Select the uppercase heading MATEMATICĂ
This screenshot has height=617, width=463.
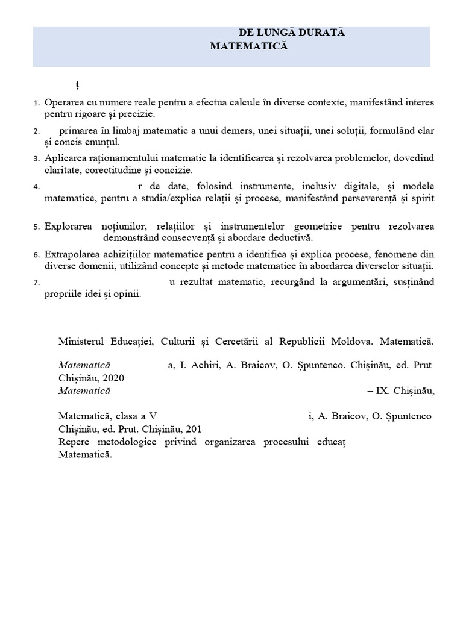click(x=250, y=46)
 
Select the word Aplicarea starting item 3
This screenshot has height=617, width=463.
click(x=64, y=158)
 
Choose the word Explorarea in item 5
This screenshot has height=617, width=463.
click(x=68, y=226)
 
